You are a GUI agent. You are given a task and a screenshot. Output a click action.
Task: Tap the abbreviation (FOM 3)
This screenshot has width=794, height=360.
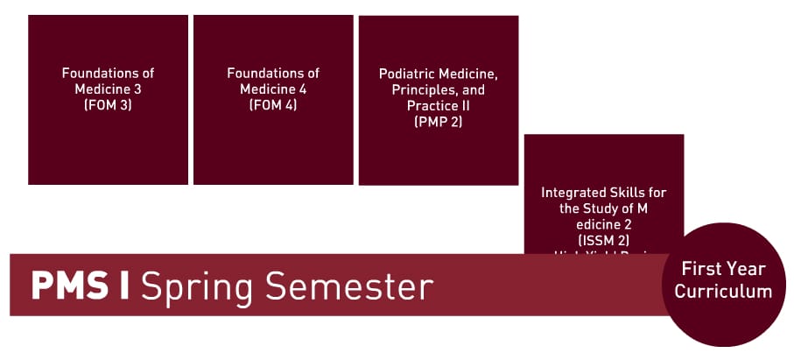[108, 106]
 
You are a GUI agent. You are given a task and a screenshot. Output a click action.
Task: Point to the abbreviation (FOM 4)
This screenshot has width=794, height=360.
[273, 106]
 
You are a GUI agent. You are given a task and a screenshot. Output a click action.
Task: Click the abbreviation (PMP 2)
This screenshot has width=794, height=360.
[438, 123]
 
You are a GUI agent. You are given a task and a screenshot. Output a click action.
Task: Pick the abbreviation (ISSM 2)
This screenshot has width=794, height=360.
[603, 239]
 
